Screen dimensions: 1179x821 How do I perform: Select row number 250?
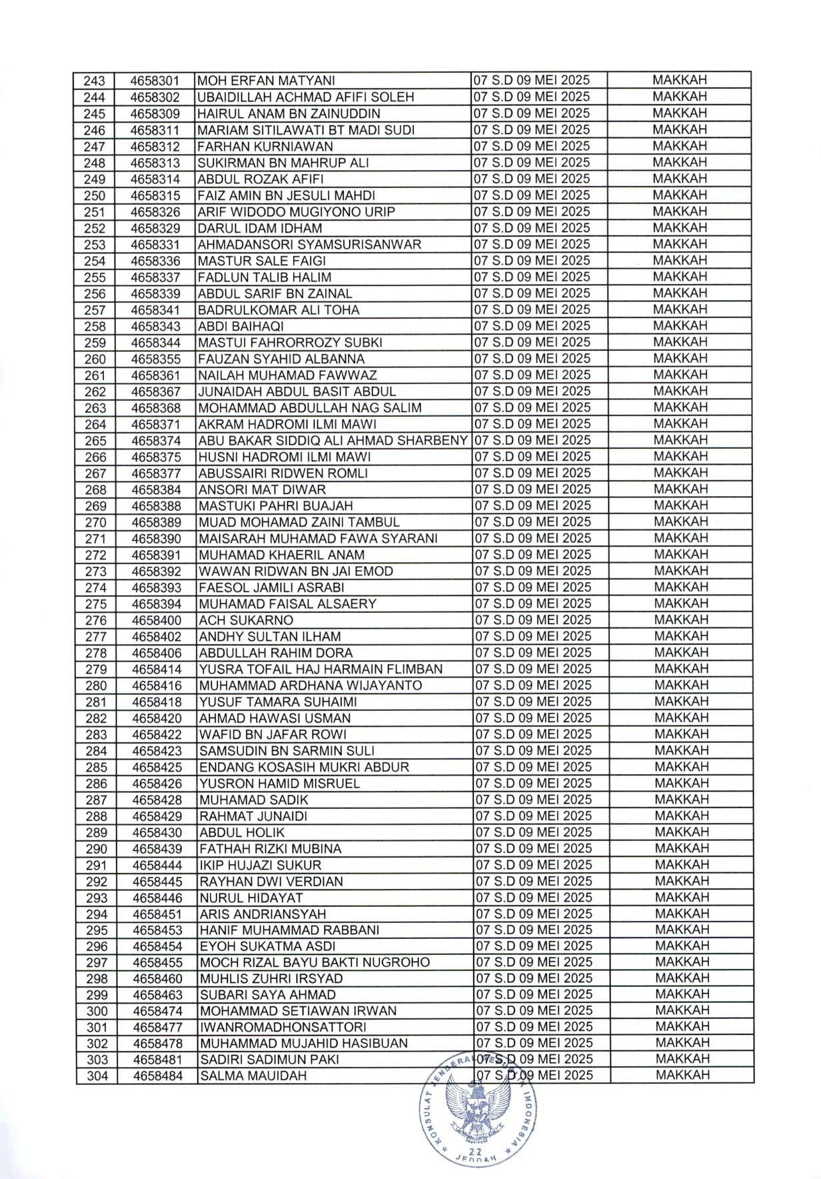pos(95,196)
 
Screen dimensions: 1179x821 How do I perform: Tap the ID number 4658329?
pos(156,229)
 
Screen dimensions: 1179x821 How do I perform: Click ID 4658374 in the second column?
pos(157,441)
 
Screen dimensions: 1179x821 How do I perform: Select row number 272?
pos(95,555)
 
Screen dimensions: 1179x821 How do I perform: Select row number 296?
pos(96,947)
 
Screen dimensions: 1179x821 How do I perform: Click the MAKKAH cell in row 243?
pos(679,81)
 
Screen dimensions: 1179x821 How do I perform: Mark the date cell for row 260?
pos(532,359)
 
